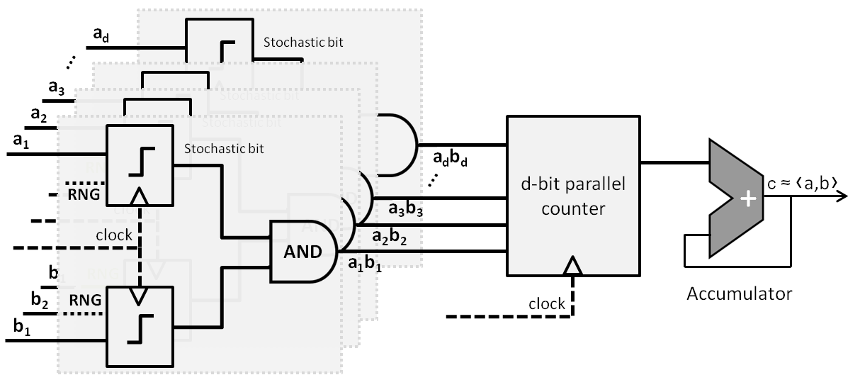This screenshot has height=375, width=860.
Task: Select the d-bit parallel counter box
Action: point(572,196)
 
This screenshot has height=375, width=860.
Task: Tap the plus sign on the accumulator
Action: point(747,200)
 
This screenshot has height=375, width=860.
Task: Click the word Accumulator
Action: point(739,293)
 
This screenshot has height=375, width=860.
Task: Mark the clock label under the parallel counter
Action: point(547,304)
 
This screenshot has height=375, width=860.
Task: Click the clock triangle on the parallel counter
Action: point(572,266)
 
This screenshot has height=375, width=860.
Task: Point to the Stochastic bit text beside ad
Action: point(303,42)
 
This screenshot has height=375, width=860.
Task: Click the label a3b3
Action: point(406,210)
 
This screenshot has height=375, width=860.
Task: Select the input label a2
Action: point(40,113)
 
